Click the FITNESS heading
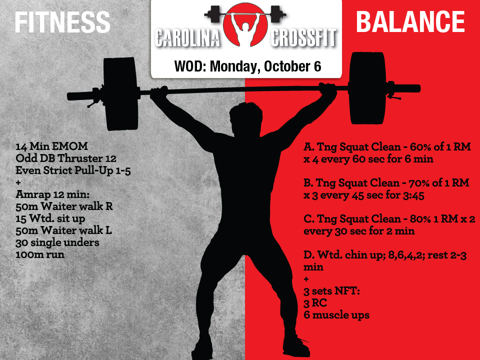(x=62, y=22)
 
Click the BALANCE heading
(x=410, y=21)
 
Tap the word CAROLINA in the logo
(x=187, y=38)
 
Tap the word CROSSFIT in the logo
(x=303, y=38)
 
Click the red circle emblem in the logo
(x=245, y=25)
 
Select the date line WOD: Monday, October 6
(x=247, y=66)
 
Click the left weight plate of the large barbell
(x=120, y=93)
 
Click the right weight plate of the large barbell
(x=368, y=88)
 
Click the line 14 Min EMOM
(x=51, y=146)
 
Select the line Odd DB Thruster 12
(x=66, y=158)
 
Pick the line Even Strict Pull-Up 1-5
(x=73, y=170)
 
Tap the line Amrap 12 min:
(x=52, y=194)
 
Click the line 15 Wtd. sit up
(x=50, y=218)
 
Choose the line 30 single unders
(x=57, y=242)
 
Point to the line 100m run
(x=40, y=254)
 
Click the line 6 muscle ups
(x=336, y=315)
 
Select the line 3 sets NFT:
(x=331, y=291)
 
